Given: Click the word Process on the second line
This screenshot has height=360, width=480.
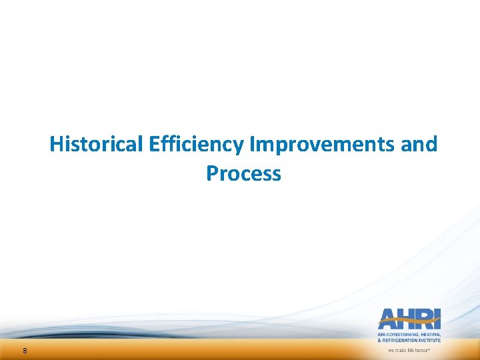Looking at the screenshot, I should point(243,173).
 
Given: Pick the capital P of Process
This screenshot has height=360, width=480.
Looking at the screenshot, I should point(213,173).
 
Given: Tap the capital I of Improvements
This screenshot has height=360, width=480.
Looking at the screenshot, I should point(252,144).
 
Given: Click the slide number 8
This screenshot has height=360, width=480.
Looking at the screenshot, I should point(25,351).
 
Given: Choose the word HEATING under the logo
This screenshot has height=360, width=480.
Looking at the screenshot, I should point(431,335).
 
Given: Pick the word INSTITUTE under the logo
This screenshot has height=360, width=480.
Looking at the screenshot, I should point(431,341).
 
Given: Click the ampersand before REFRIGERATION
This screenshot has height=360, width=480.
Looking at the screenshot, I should point(380,341).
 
